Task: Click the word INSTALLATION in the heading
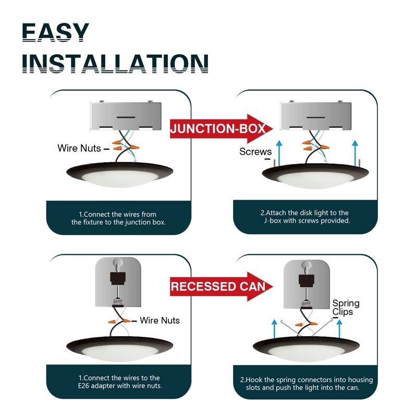(116, 63)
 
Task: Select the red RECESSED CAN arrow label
(218, 286)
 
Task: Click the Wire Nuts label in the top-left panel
(79, 149)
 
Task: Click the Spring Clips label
(346, 308)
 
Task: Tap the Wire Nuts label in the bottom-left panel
(160, 320)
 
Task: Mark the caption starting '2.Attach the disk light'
(305, 216)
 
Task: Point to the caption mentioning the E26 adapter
(120, 382)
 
